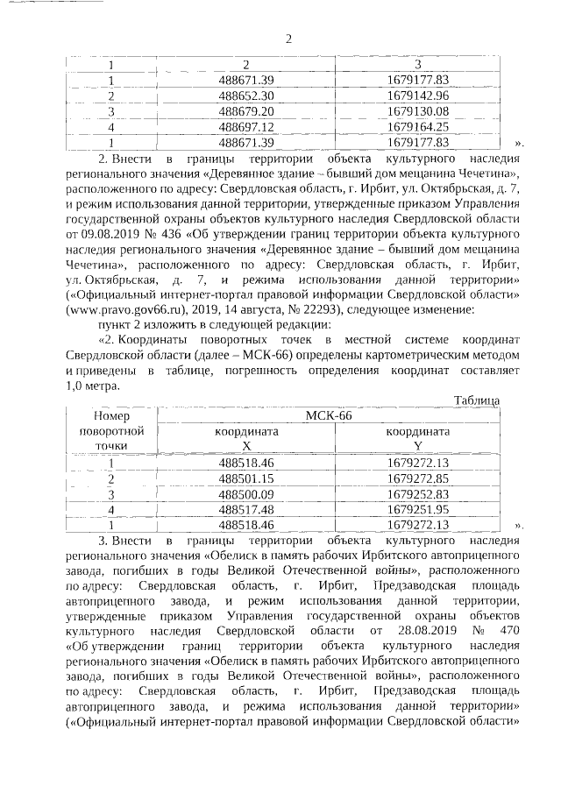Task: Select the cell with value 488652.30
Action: pyautogui.click(x=246, y=95)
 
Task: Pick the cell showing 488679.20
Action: pyautogui.click(x=246, y=110)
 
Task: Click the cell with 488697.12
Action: pyautogui.click(x=246, y=126)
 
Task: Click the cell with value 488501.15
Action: pyautogui.click(x=246, y=478)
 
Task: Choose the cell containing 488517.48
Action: pyautogui.click(x=246, y=509)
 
